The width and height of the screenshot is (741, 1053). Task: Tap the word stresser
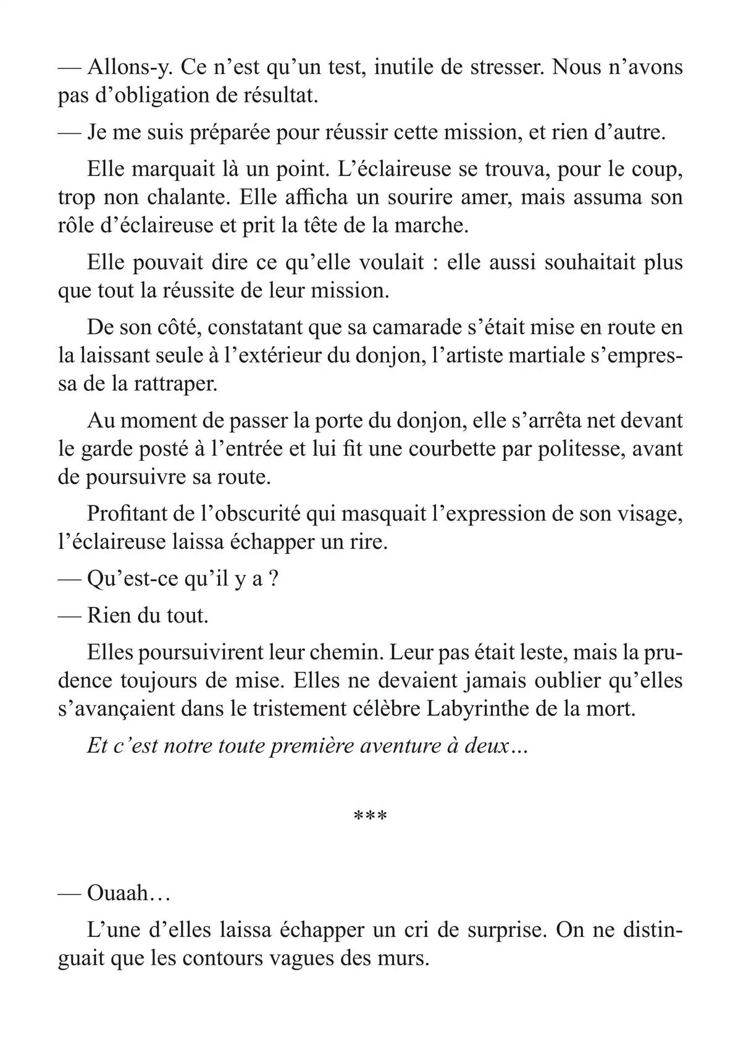pyautogui.click(x=500, y=67)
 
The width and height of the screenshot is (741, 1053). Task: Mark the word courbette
pyautogui.click(x=432, y=448)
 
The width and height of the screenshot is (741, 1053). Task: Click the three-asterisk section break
pyautogui.click(x=370, y=816)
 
